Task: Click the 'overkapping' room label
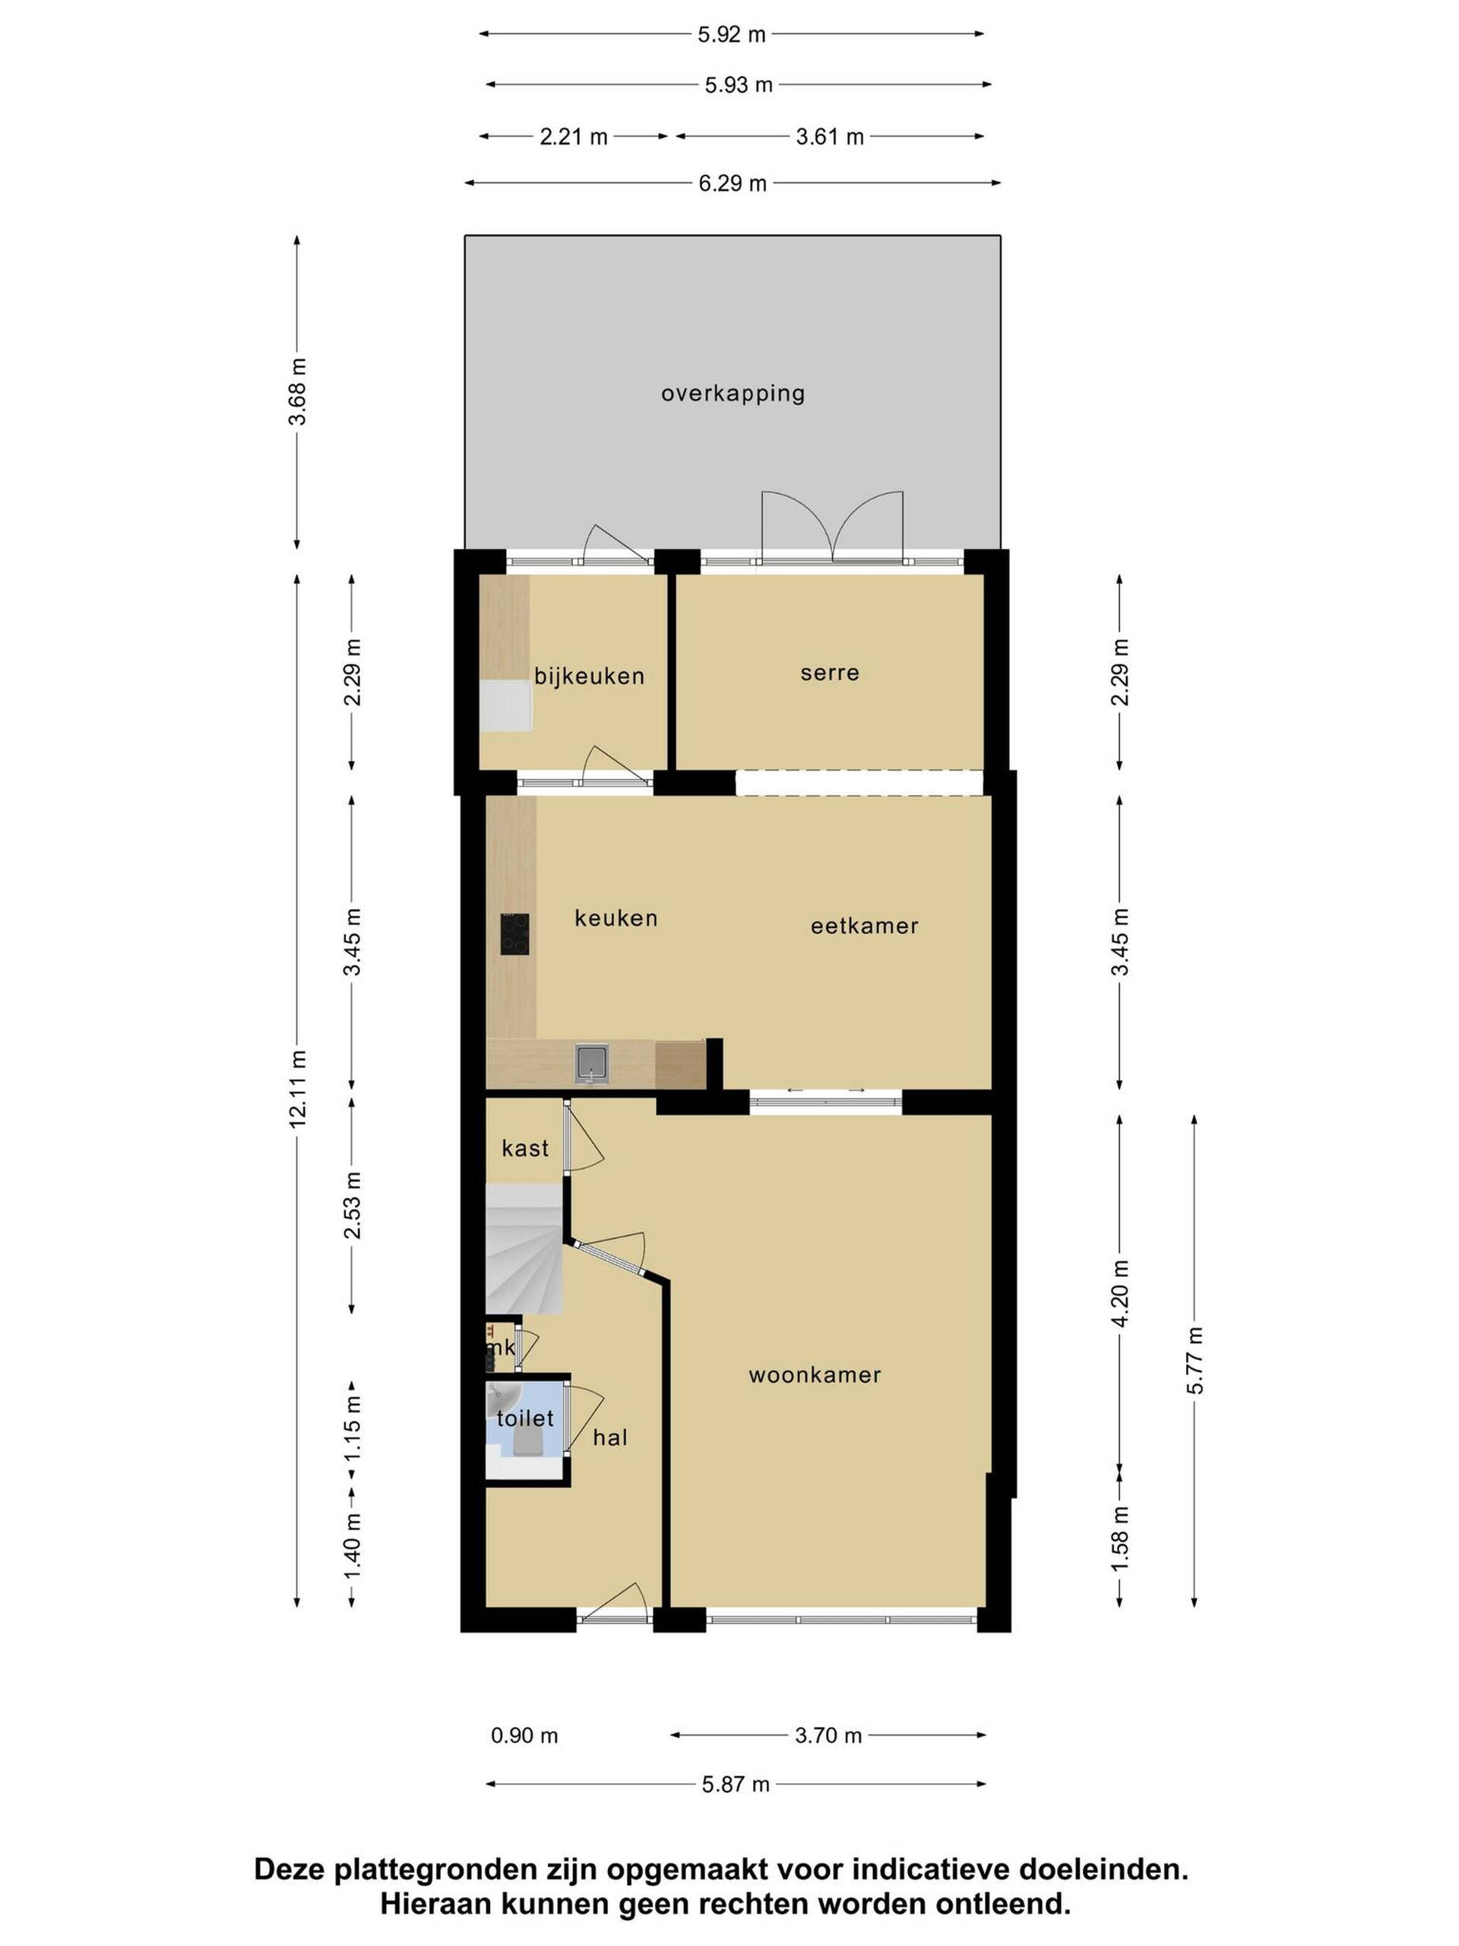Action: [733, 392]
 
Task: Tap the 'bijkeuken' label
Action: [589, 676]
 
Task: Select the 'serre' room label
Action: [829, 673]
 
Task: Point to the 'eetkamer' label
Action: [865, 926]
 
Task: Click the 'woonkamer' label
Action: [815, 1375]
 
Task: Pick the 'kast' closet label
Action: [525, 1148]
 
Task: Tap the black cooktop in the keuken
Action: [515, 933]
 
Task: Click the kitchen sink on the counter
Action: [591, 1063]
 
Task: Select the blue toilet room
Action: [525, 1431]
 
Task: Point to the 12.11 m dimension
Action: [298, 1089]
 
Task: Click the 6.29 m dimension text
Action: [733, 183]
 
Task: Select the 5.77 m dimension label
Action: [1195, 1360]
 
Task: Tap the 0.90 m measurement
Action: [524, 1735]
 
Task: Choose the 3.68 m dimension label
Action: [298, 391]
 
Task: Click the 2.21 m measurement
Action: [574, 136]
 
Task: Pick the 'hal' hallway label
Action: [610, 1437]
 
